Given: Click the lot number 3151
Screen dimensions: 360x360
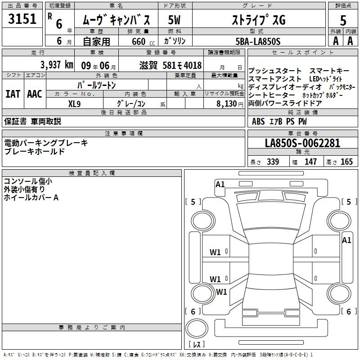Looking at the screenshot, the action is pos(22,20).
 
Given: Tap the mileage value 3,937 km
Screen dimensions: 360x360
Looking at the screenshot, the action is pos(57,64).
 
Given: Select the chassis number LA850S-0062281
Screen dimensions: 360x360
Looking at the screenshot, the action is pos(302,144).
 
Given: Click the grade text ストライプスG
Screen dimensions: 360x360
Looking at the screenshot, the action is pos(259,20).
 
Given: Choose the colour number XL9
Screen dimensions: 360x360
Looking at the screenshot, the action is pos(74,103).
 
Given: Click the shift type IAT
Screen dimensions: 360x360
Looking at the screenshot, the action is pos(13,94).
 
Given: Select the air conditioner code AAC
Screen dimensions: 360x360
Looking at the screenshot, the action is pos(35,94).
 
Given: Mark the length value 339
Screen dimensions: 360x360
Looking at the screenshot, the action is pos(272,162).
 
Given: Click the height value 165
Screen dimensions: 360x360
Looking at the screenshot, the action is pos(346,162).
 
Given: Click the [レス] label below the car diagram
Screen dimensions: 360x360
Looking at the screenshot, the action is pos(197,345).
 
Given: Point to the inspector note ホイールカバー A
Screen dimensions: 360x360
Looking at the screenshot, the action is pos(31,198).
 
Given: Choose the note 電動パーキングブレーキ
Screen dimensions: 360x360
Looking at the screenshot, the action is pos(46,143).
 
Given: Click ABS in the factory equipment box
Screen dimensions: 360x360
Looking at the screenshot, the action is pos(258,121).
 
